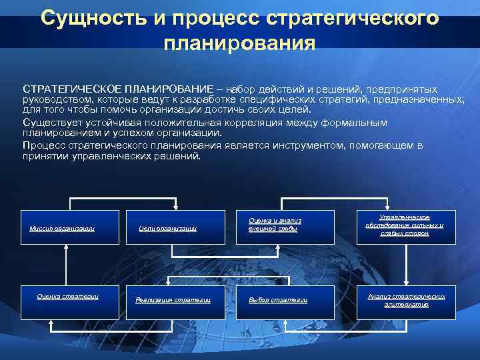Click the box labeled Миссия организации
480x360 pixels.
click(x=62, y=229)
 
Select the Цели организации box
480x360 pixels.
click(x=168, y=229)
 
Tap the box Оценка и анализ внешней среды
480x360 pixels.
click(x=275, y=225)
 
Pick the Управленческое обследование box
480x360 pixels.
click(x=405, y=225)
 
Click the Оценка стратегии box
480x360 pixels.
click(x=68, y=300)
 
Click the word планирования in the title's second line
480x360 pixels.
click(x=239, y=45)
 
